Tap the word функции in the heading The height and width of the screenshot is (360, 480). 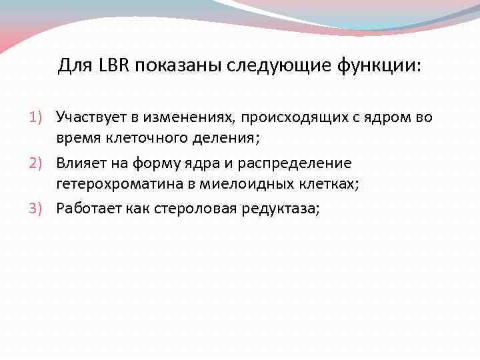[x=381, y=66]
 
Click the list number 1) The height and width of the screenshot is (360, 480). [x=37, y=117]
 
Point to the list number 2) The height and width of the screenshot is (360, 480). [x=37, y=163]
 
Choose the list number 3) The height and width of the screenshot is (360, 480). [x=37, y=208]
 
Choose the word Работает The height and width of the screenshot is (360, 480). [x=89, y=208]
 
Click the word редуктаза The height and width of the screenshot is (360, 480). [x=281, y=209]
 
